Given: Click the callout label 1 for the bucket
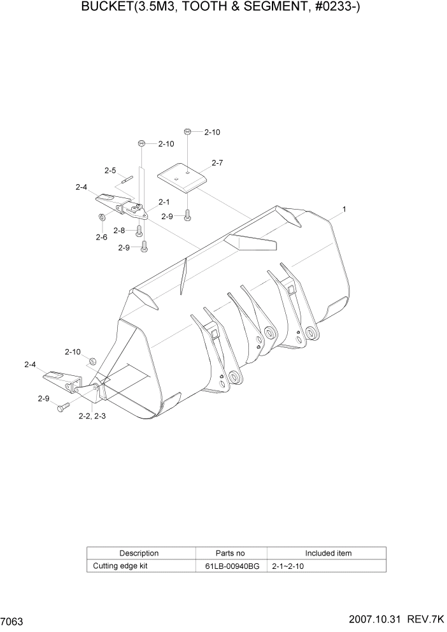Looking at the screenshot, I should [x=344, y=208].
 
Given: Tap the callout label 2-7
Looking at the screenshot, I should [x=216, y=163].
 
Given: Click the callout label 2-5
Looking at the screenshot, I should [x=110, y=170].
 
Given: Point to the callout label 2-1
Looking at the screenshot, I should [x=164, y=202].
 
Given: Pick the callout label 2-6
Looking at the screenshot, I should [x=101, y=237].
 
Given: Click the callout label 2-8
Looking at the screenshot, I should [x=120, y=230].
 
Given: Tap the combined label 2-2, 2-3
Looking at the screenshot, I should [x=92, y=416].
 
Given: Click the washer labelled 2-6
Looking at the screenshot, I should [x=101, y=219].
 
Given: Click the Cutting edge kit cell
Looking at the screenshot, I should [x=120, y=566].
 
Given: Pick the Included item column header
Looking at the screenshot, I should [x=328, y=553].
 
